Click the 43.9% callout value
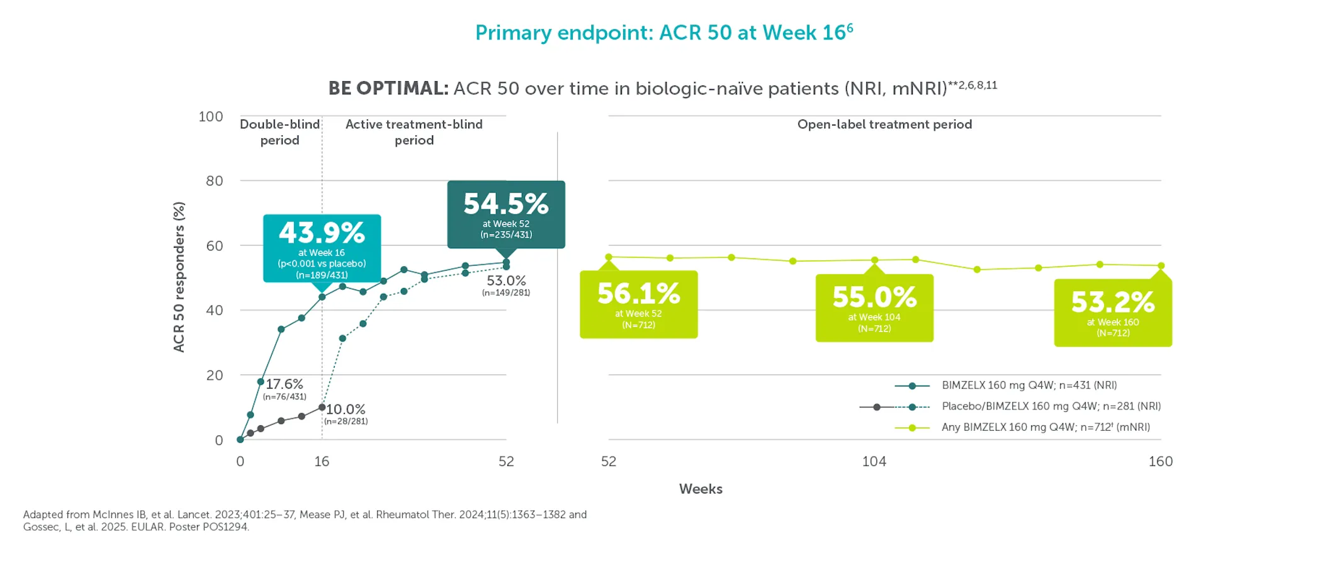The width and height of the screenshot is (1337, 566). [322, 233]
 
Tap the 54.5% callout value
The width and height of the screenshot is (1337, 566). [506, 204]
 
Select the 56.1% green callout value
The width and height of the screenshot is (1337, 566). [638, 294]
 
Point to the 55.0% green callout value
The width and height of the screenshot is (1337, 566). [874, 297]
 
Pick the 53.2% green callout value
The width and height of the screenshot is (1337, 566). [1113, 302]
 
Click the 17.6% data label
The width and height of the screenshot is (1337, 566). [285, 384]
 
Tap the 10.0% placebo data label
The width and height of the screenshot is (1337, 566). [346, 409]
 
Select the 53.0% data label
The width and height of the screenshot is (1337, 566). [506, 280]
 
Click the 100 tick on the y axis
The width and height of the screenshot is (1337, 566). [211, 116]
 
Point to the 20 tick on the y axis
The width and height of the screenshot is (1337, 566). [215, 375]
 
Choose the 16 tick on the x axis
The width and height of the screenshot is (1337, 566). [322, 462]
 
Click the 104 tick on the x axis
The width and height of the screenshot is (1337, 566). [874, 462]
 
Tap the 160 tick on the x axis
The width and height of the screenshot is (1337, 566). [1160, 462]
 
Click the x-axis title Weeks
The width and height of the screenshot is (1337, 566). [701, 489]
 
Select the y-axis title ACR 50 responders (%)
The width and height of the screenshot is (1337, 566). [179, 277]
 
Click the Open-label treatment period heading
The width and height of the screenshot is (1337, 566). [884, 125]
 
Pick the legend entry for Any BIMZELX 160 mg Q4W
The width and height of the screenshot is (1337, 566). [1045, 427]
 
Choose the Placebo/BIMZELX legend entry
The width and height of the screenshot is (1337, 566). [1051, 406]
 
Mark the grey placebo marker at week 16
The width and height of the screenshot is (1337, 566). [322, 408]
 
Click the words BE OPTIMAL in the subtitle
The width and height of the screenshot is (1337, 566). [388, 88]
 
